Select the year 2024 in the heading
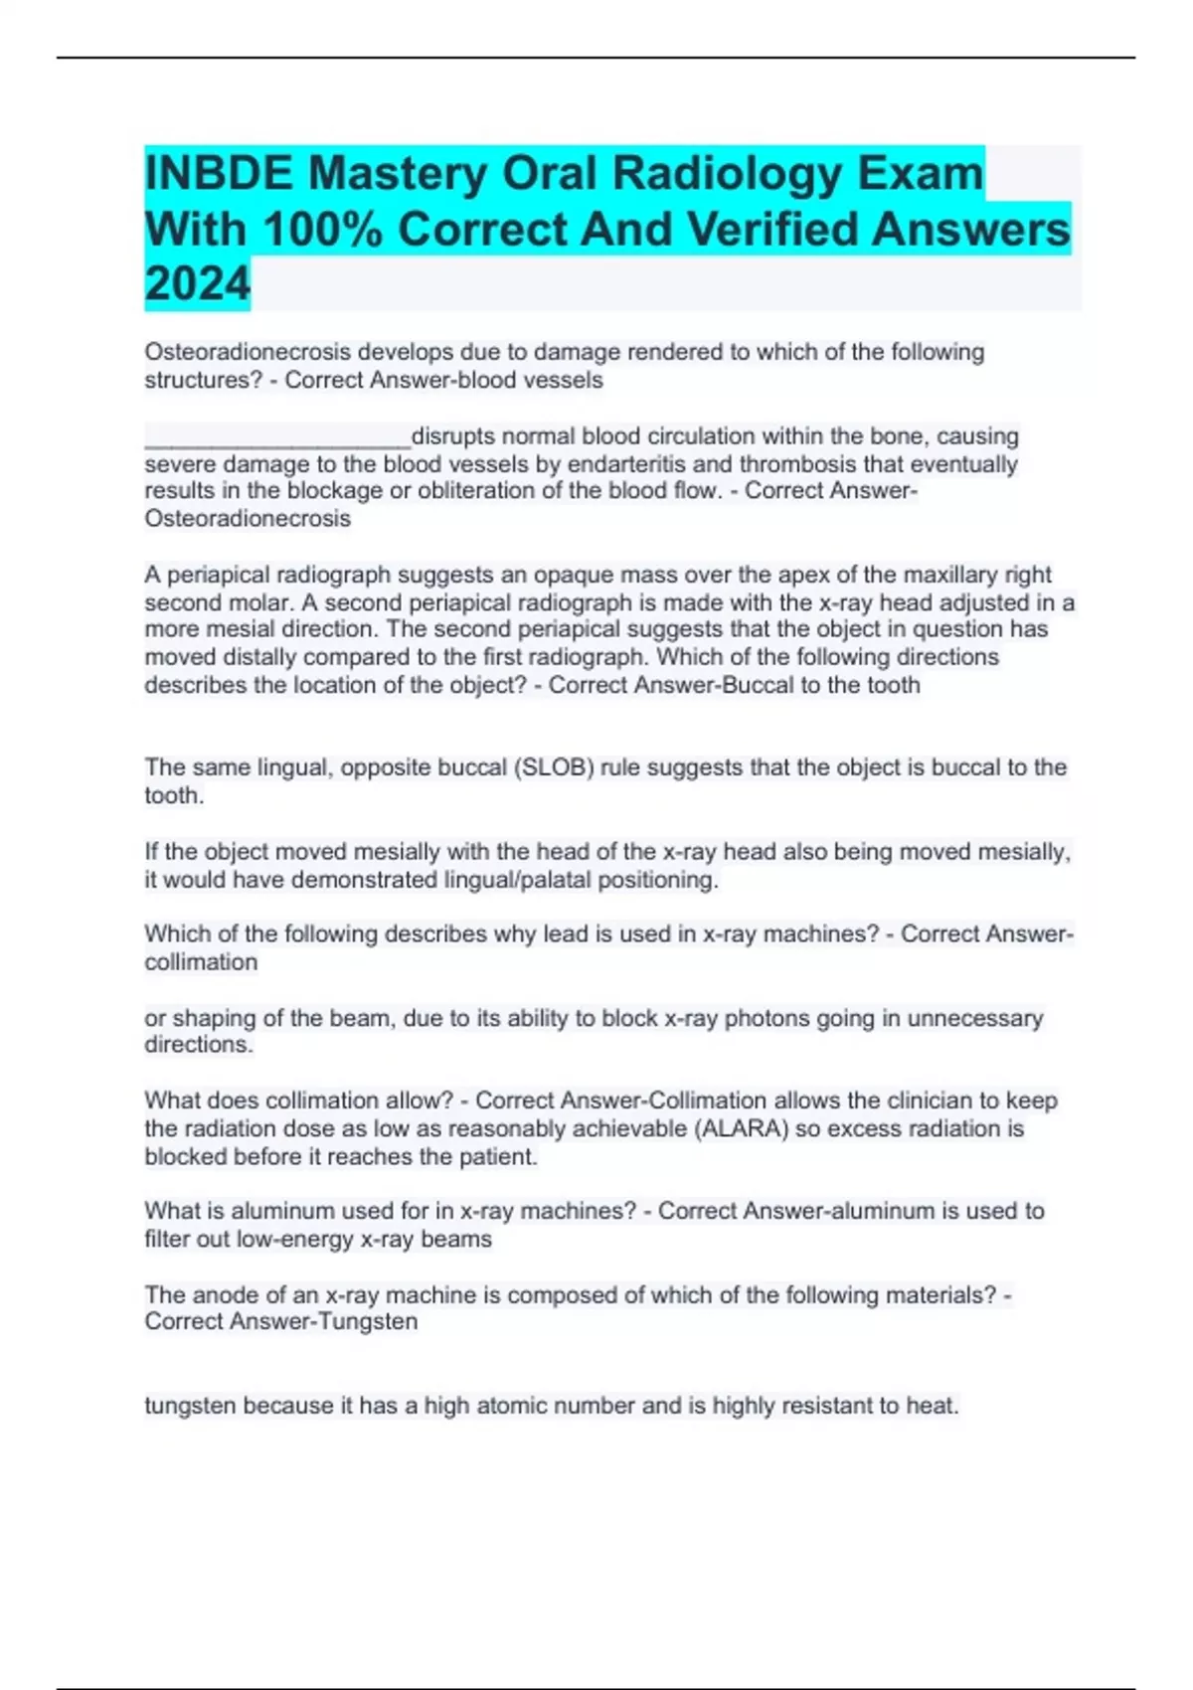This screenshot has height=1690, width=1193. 197,284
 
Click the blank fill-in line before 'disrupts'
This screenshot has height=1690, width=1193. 277,437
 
